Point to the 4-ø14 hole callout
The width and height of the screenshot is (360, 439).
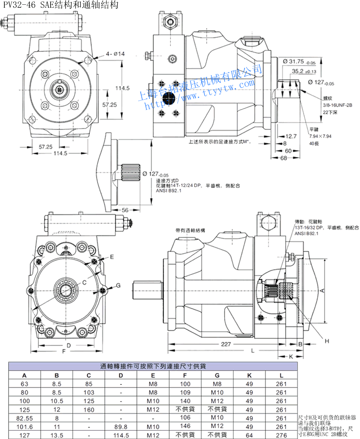click(x=115, y=54)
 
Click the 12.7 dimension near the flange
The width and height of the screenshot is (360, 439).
click(x=291, y=136)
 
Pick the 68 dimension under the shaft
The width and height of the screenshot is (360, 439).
click(x=284, y=158)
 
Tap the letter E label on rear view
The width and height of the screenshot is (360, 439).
click(x=112, y=257)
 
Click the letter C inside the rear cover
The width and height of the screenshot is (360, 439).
click(x=84, y=282)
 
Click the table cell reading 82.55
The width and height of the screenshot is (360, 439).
click(x=24, y=418)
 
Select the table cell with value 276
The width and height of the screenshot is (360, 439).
click(x=281, y=435)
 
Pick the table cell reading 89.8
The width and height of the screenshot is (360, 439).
click(x=122, y=427)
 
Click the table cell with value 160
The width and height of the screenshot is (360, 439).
click(x=89, y=409)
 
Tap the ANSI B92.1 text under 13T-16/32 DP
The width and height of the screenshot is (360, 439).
click(x=306, y=233)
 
